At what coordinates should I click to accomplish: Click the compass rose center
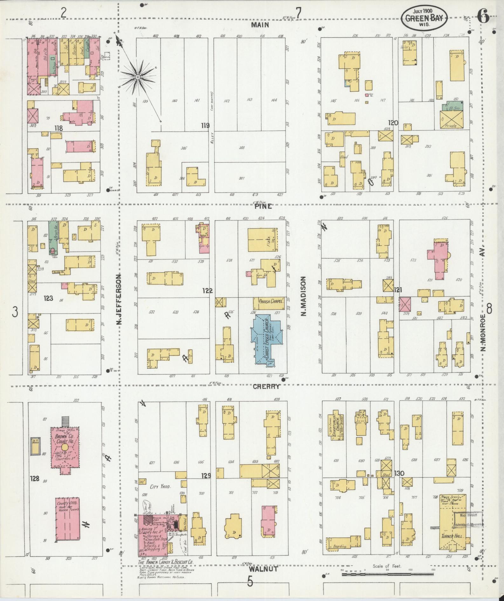pyautogui.click(x=138, y=77)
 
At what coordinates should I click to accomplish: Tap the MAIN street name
pyautogui.click(x=260, y=25)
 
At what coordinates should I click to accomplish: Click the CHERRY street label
pyautogui.click(x=266, y=386)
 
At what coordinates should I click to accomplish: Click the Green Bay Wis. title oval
pyautogui.click(x=424, y=17)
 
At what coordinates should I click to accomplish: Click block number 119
pyautogui.click(x=205, y=126)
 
